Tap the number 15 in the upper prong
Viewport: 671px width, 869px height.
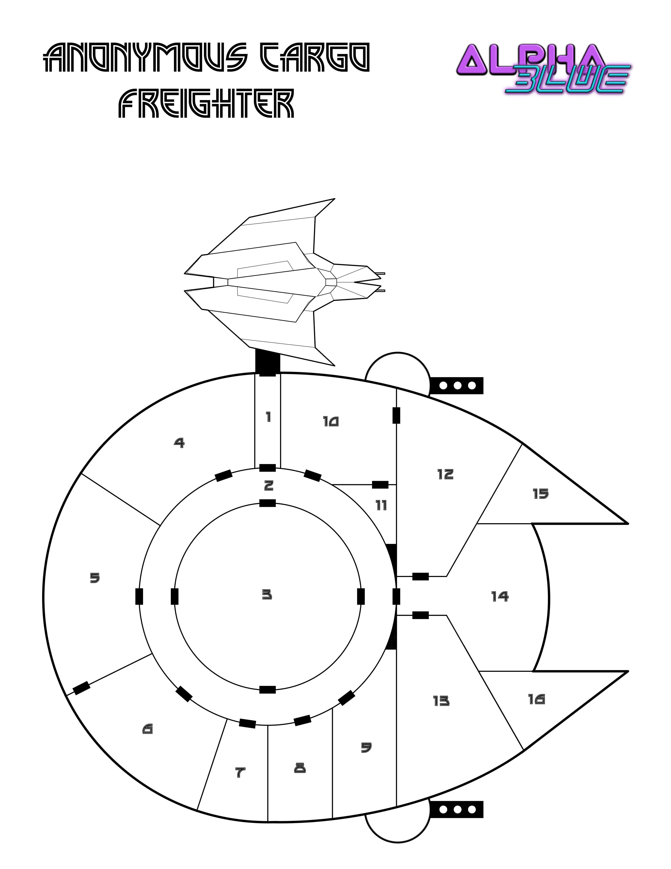541,494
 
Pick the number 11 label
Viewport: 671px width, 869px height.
381,505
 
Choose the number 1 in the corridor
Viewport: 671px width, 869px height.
268,417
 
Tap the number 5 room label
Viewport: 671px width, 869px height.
95,578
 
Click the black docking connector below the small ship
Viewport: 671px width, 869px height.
267,363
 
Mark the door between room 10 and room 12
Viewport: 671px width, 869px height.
396,415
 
